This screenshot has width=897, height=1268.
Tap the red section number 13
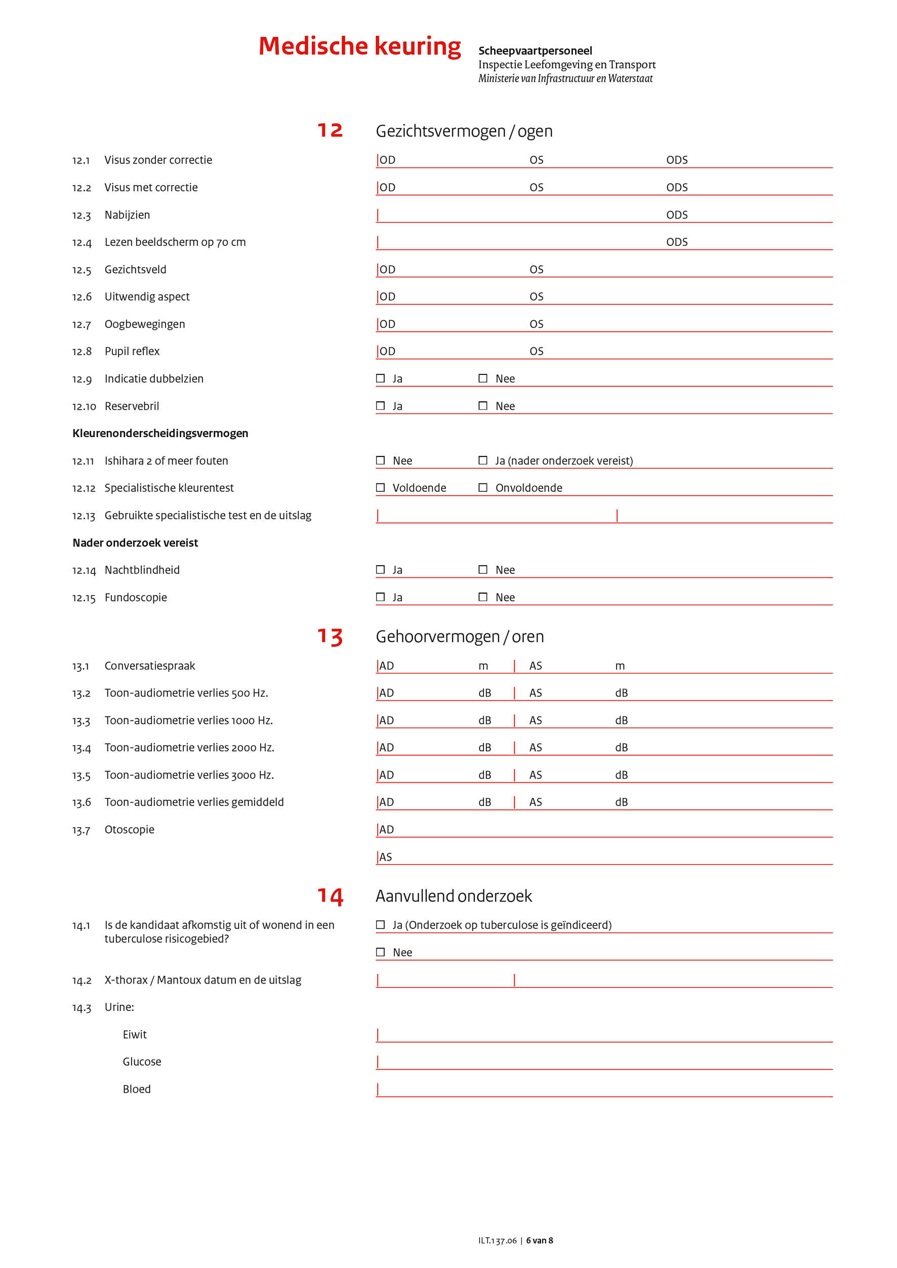(x=330, y=637)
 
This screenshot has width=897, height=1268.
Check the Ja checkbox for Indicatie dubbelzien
(x=381, y=378)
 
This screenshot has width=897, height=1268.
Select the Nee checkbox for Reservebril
(x=483, y=406)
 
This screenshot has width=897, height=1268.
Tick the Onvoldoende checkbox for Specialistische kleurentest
(x=483, y=488)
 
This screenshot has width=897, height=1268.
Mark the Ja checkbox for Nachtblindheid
(x=381, y=569)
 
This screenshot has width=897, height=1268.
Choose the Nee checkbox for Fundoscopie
(x=483, y=597)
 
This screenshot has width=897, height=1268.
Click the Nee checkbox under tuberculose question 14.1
(x=381, y=952)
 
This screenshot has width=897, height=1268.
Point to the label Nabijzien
(x=127, y=215)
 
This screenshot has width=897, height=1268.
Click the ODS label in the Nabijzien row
(x=677, y=215)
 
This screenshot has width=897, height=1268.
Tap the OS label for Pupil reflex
(x=536, y=351)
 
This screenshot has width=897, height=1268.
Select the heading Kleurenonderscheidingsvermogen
(x=160, y=434)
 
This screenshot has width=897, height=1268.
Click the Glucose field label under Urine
(x=142, y=1062)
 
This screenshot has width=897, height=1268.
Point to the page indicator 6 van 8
(x=539, y=1240)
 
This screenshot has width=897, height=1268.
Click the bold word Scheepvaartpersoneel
(x=535, y=51)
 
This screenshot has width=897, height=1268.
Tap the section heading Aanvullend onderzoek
(x=454, y=896)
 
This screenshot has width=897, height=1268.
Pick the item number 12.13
(x=84, y=516)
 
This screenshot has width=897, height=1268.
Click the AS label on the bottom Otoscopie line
(x=386, y=857)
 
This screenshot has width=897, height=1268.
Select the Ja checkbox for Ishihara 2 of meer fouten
(x=483, y=460)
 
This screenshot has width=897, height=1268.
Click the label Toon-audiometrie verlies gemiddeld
(x=194, y=802)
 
